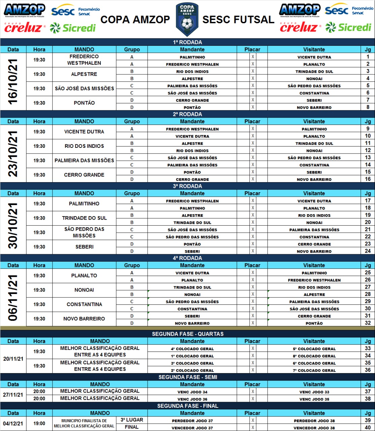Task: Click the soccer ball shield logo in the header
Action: tap(187, 19)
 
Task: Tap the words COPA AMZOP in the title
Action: tap(135, 20)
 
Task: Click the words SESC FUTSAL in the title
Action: tap(238, 20)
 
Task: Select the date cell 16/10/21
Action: tap(13, 82)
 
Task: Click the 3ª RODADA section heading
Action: tap(187, 186)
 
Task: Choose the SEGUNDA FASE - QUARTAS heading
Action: tap(187, 334)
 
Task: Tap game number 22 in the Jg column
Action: tap(368, 237)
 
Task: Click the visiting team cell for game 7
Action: tap(314, 100)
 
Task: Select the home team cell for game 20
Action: tap(192, 223)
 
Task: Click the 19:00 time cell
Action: tap(39, 424)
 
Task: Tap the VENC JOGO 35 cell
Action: tap(314, 399)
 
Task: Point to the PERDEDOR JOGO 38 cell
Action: tap(314, 421)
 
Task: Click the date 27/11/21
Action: tap(13, 395)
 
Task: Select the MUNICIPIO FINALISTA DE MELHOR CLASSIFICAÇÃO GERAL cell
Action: tap(84, 424)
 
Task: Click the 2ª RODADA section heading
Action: tap(187, 114)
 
